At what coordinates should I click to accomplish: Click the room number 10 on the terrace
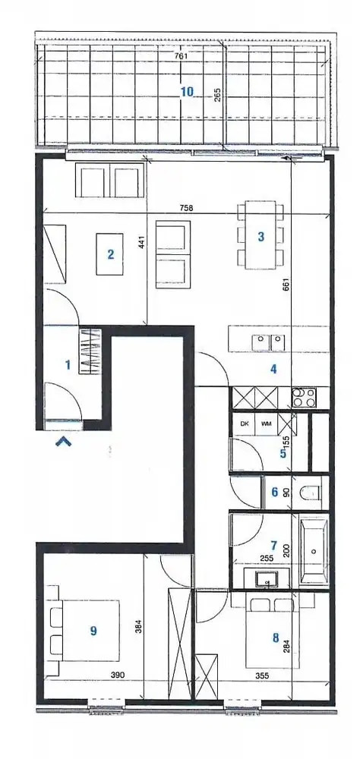pos(187,92)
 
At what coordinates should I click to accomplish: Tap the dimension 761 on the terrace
pos(180,55)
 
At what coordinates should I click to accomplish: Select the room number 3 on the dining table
pos(261,236)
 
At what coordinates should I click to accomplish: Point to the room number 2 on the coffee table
pos(111,254)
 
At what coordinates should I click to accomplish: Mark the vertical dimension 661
pos(287,285)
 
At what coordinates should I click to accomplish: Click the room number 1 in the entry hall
pos(68,365)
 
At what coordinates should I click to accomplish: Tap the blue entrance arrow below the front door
pos(64,441)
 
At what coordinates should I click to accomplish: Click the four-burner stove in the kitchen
pos(305,396)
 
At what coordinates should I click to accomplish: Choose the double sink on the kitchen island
pos(269,340)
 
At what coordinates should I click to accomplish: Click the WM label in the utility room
pos(266,424)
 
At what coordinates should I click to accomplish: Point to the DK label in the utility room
pos(245,424)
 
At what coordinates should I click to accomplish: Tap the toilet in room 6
pos(311,494)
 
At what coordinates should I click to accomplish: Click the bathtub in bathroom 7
pos(314,550)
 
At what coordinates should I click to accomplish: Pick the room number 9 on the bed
pos(93,630)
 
